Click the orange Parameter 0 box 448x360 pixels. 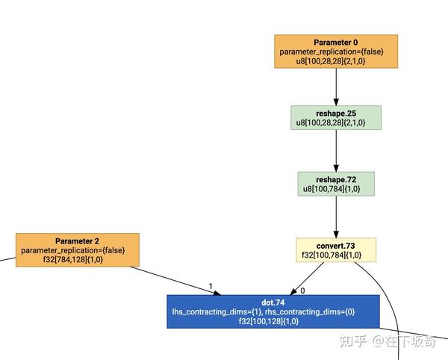[x=335, y=52]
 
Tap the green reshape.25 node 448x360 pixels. [x=335, y=117]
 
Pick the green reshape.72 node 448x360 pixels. [x=335, y=184]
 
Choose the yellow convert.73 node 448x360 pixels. [x=335, y=249]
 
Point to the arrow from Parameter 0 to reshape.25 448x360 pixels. [x=335, y=87]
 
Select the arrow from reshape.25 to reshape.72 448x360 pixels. [x=335, y=151]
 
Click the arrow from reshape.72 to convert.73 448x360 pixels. [x=335, y=217]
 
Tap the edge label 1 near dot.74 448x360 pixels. [x=211, y=286]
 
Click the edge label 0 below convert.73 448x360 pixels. [x=302, y=290]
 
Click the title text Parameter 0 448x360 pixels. [x=335, y=42]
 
